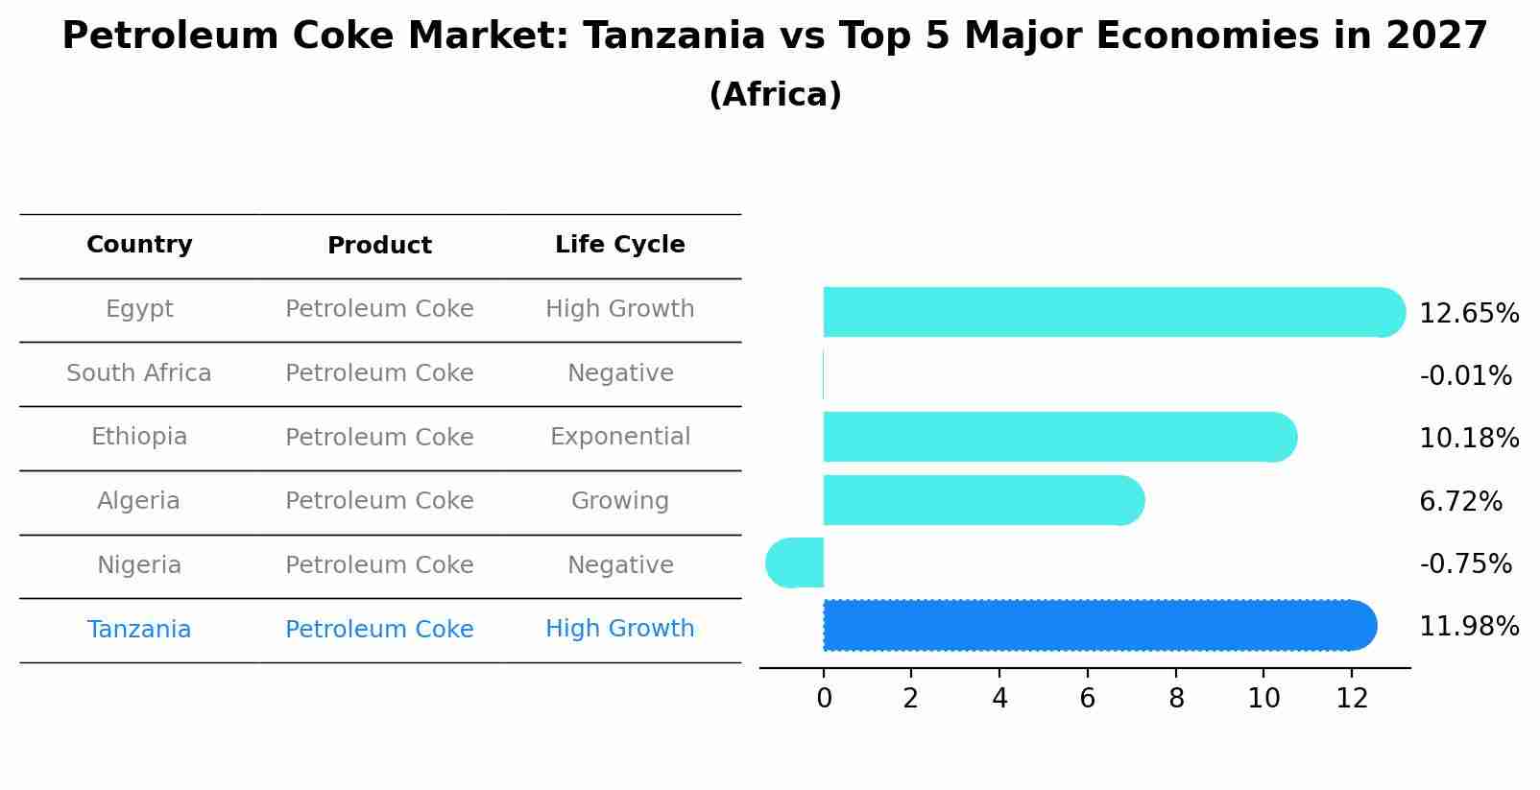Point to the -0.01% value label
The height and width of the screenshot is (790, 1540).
(1465, 375)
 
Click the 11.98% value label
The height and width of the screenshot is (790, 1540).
(1469, 627)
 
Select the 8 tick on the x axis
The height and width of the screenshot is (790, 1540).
(1176, 699)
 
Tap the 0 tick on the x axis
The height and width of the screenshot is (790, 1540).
(824, 699)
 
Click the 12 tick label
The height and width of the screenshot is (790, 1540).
(1352, 699)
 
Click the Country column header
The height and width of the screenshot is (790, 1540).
(139, 245)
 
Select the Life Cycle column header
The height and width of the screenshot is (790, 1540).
(620, 245)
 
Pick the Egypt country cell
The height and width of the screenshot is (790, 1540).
(139, 309)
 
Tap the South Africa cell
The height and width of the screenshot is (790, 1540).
(139, 373)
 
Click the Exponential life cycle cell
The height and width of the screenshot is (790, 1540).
(620, 437)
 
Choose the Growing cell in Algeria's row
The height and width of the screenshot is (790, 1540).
(620, 501)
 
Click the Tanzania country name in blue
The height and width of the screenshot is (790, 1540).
(139, 630)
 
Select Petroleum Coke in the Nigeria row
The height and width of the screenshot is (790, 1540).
(379, 565)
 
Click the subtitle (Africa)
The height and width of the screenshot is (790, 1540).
(775, 95)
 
